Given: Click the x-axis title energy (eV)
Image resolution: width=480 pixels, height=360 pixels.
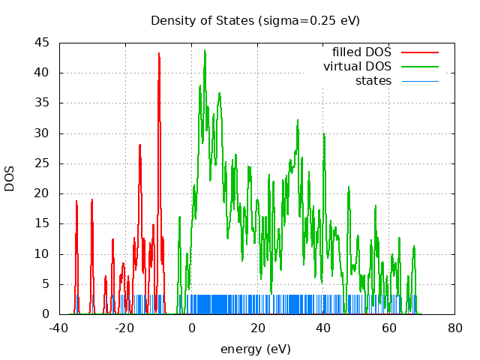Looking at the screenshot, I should click(x=255, y=349).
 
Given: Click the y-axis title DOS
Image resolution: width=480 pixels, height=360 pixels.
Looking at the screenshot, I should click(x=10, y=178).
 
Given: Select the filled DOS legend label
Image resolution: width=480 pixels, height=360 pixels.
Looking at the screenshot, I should click(x=361, y=52).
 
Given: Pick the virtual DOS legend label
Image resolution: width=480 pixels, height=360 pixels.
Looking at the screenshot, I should click(x=357, y=67).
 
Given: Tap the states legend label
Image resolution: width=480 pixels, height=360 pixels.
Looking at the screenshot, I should click(x=373, y=80).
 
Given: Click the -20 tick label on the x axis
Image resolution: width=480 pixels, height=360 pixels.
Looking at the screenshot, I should click(x=124, y=328).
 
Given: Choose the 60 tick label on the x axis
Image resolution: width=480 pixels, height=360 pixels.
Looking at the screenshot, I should click(x=389, y=328).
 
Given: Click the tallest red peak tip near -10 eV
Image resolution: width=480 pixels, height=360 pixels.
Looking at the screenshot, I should click(x=159, y=53).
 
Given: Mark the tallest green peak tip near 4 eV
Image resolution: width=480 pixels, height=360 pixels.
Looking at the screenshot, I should click(x=205, y=50).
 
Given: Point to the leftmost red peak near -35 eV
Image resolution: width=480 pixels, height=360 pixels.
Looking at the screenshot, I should click(x=76, y=201).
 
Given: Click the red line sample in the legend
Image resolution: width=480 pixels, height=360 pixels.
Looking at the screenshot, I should click(x=419, y=52).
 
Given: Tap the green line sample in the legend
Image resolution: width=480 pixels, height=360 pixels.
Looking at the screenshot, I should click(x=419, y=67).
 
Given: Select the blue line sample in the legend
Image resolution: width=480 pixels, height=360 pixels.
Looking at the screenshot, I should click(x=419, y=80).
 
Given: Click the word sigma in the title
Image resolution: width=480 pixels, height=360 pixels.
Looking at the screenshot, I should click(x=275, y=20).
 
